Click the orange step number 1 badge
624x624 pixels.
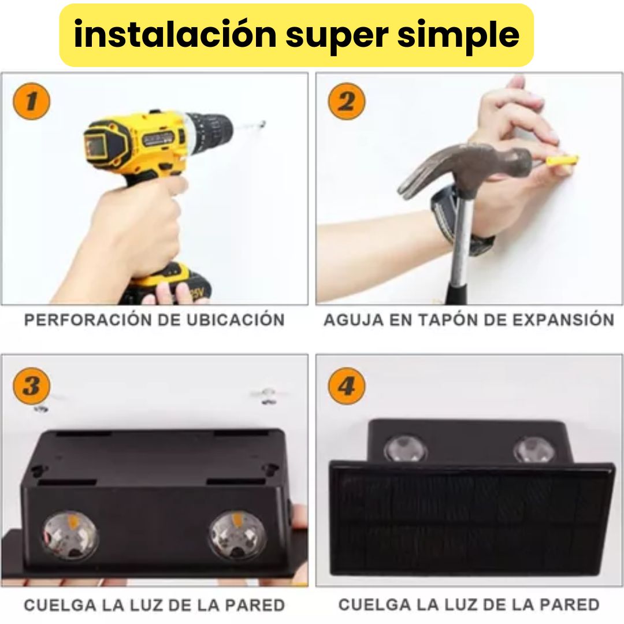tap(31, 101)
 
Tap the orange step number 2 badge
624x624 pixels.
tap(346, 101)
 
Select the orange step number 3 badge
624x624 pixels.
tap(31, 385)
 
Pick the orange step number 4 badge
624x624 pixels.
tap(346, 385)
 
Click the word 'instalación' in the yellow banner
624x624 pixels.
tap(175, 34)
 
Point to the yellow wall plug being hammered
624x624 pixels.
tap(562, 161)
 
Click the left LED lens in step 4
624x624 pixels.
tap(406, 450)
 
